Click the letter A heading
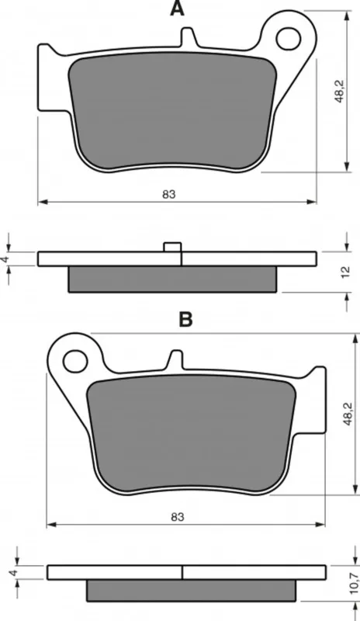[x=177, y=9]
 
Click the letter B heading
[x=185, y=319]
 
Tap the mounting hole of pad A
[x=289, y=39]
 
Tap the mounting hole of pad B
[x=75, y=361]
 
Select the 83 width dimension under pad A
[x=168, y=194]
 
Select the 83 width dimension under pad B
[x=178, y=516]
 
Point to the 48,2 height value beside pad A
[x=339, y=92]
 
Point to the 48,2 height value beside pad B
[x=348, y=414]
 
